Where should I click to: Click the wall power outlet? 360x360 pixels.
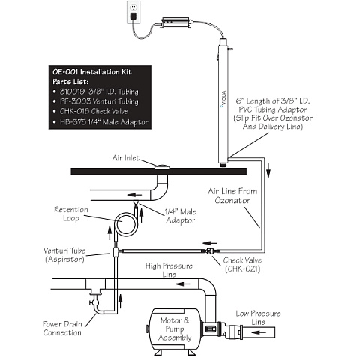[x=133, y=12]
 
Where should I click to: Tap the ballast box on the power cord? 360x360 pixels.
[x=175, y=22]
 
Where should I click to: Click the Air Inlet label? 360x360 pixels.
[x=126, y=158]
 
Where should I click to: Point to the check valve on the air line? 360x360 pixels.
[x=211, y=250]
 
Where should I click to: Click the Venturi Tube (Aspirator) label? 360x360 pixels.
[x=64, y=255]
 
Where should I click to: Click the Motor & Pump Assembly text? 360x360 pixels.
[x=175, y=328]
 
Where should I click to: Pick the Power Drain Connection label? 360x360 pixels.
[x=62, y=328]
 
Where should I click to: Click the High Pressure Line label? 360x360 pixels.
[x=169, y=270]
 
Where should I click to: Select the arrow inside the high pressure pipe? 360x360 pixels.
[x=183, y=283]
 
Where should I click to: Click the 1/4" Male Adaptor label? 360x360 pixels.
[x=181, y=216]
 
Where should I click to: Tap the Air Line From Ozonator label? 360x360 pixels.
[x=232, y=196]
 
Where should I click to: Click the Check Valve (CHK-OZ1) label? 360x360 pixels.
[x=242, y=264]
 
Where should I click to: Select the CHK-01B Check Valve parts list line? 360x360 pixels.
[x=94, y=111]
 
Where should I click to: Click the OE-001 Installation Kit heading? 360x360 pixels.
[x=92, y=72]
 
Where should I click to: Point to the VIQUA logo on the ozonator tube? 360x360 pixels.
[x=223, y=98]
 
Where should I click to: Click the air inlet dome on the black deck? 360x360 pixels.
[x=162, y=167]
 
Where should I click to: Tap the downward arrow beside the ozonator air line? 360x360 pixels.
[x=268, y=170]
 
